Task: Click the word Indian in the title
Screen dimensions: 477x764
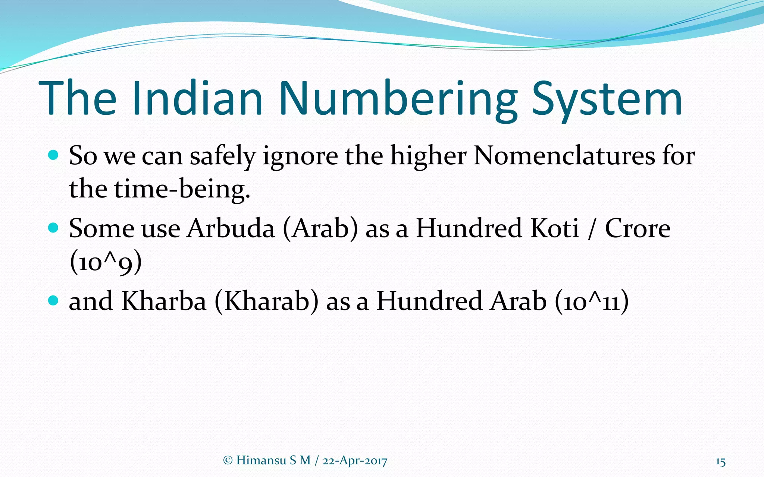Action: coord(197,98)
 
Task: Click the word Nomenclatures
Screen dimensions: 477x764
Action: coord(564,155)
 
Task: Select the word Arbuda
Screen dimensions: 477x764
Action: coord(231,228)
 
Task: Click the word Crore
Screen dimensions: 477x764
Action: coord(638,228)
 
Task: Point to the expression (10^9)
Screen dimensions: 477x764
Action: coord(106,262)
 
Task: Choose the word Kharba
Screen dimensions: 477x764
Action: coord(164,301)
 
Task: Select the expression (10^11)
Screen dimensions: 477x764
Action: coord(592,301)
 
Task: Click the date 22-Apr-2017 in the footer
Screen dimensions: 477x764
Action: coord(355,461)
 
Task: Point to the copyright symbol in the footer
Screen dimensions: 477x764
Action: coord(227,461)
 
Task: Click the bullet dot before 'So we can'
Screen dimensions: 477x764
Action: coord(54,155)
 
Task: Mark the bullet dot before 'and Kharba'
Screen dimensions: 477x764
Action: coord(54,300)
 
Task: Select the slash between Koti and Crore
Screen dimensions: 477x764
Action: coord(591,228)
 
